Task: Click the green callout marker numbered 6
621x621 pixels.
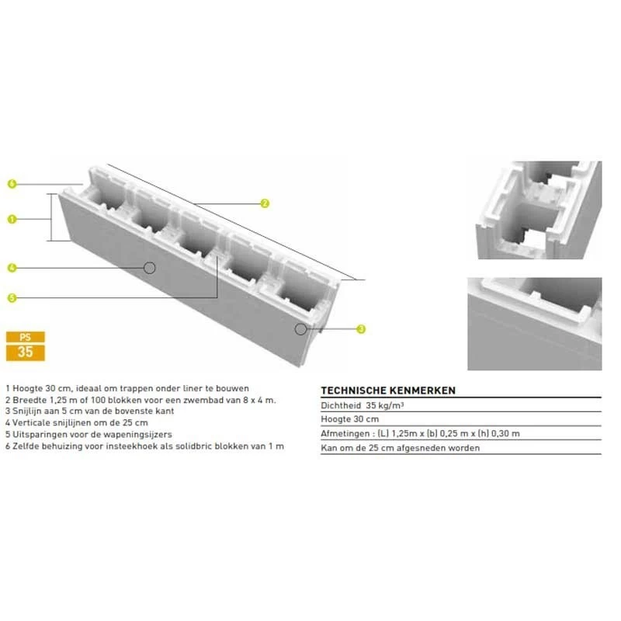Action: [12, 184]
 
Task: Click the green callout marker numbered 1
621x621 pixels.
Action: [12, 220]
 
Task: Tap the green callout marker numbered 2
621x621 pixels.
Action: [265, 203]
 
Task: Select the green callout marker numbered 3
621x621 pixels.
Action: [361, 329]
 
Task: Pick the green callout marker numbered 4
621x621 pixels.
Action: [12, 268]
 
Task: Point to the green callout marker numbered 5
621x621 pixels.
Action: [12, 297]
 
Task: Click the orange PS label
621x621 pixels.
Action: [25, 337]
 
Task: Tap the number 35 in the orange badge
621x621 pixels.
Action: [25, 352]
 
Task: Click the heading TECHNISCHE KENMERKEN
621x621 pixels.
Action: [387, 390]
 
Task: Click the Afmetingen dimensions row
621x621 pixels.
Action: [420, 433]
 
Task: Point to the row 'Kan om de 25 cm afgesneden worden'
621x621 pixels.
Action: [400, 448]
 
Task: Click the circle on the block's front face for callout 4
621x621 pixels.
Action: [150, 267]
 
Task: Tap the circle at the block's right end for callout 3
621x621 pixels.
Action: [300, 329]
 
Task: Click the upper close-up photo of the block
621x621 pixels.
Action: [538, 210]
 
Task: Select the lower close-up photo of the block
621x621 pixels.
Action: [534, 323]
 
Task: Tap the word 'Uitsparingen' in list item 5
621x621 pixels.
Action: [39, 435]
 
